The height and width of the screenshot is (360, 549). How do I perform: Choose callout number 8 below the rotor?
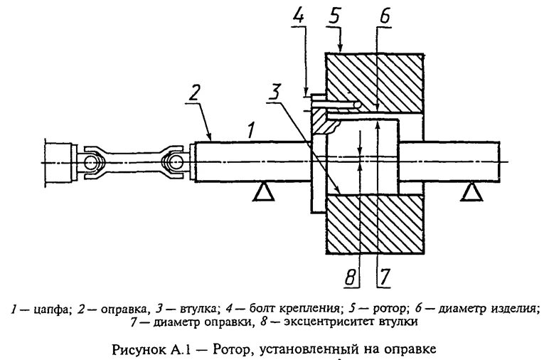coord(348,277)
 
